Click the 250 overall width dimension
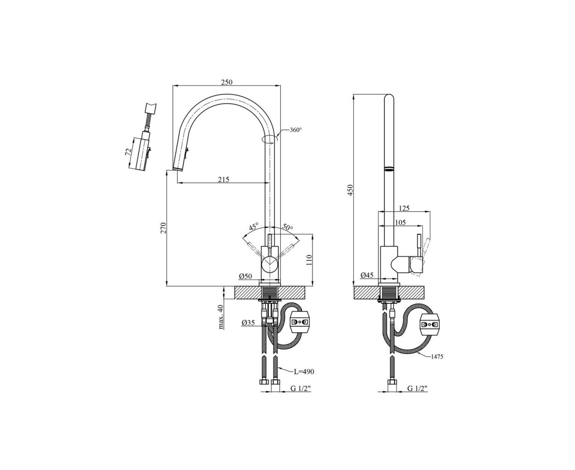(x=226, y=82)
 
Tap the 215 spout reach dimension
(x=223, y=179)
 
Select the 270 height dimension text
(x=163, y=228)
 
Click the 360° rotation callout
(x=296, y=130)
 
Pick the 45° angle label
(x=253, y=227)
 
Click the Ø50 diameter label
(x=245, y=276)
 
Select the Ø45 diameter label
(x=366, y=275)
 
